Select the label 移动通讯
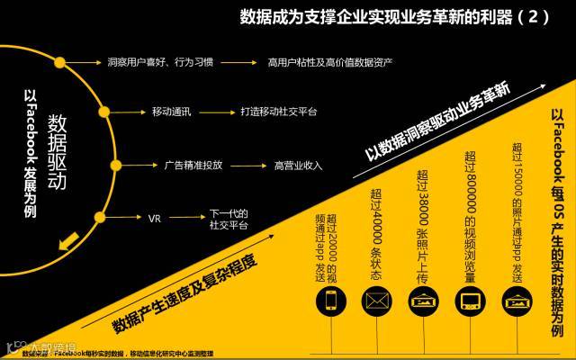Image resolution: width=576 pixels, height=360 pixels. pyautogui.click(x=171, y=112)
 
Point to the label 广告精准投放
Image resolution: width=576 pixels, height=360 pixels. pyautogui.click(x=193, y=165)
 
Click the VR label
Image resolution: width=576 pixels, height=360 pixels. pyautogui.click(x=154, y=218)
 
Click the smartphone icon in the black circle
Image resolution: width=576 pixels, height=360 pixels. pyautogui.click(x=330, y=302)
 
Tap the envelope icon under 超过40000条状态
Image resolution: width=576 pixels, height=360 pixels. pyautogui.click(x=376, y=302)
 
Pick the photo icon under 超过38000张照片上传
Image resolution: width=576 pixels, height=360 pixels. pyautogui.click(x=423, y=302)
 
